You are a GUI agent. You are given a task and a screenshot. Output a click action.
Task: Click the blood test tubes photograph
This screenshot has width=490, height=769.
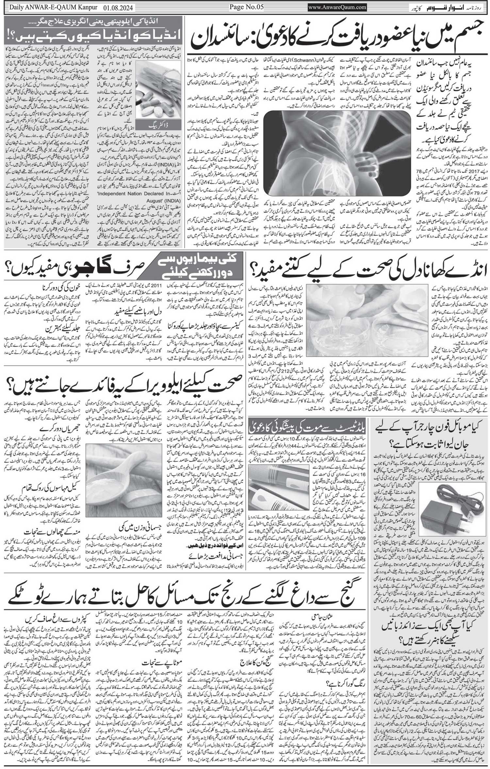(278, 485)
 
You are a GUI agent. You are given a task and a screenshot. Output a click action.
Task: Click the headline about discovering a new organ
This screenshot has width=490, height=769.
(338, 37)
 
